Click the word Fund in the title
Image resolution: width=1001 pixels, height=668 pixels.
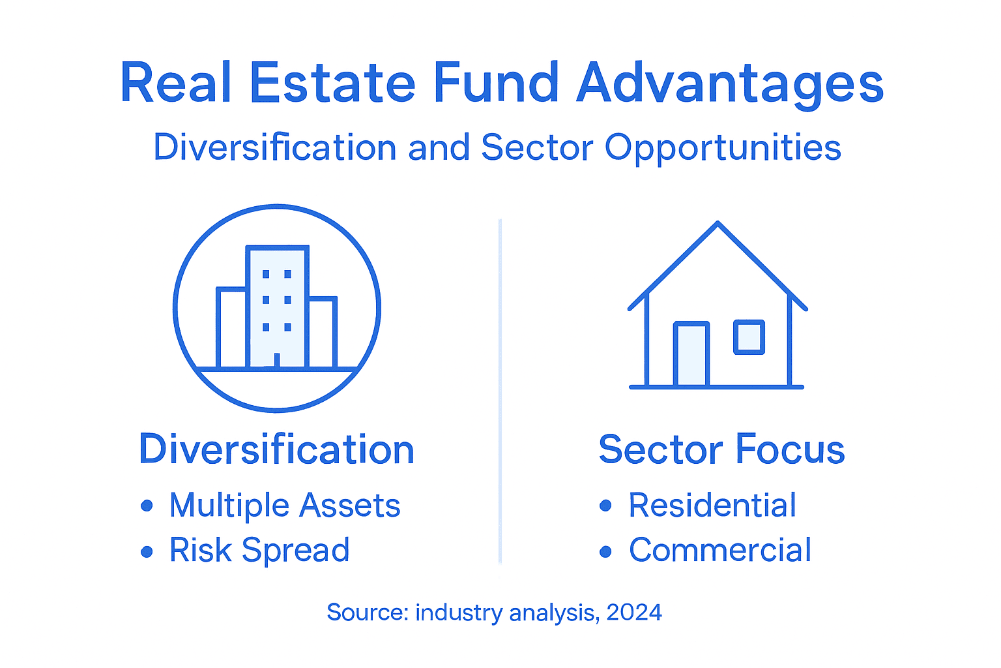(495, 83)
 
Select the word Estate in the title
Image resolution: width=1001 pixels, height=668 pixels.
(332, 83)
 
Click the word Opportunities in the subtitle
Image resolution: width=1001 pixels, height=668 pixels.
(723, 148)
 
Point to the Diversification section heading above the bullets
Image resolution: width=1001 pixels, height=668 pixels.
(276, 449)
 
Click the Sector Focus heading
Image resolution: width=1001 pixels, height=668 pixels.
(721, 449)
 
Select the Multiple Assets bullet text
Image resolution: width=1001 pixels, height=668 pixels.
(285, 506)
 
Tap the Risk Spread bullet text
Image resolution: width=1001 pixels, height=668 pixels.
(259, 550)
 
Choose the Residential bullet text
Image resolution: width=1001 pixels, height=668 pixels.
(712, 506)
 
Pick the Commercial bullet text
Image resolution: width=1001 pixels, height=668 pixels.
(720, 550)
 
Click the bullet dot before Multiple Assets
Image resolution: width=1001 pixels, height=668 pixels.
(147, 506)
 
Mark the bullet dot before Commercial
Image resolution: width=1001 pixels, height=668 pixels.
(606, 551)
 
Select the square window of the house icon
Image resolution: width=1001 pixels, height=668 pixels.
(749, 337)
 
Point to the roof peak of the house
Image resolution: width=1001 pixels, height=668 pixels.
(718, 225)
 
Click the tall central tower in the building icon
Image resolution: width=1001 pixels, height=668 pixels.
(277, 307)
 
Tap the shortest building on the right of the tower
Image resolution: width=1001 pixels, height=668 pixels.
(323, 333)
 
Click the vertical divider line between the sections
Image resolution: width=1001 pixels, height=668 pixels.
(500, 391)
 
